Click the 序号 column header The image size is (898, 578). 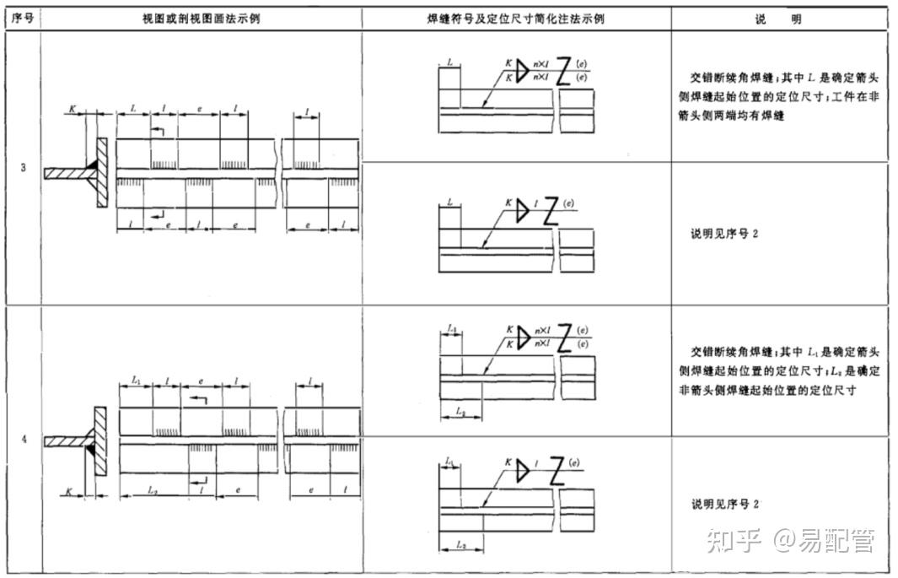tap(24, 18)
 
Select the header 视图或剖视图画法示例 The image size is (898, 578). tap(201, 18)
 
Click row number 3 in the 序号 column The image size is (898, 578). tap(23, 167)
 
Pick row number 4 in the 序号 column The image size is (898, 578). tap(23, 440)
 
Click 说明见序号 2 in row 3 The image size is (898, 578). tap(724, 234)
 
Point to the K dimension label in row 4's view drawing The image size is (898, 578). tap(68, 489)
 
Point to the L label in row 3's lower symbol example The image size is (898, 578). tap(450, 204)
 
